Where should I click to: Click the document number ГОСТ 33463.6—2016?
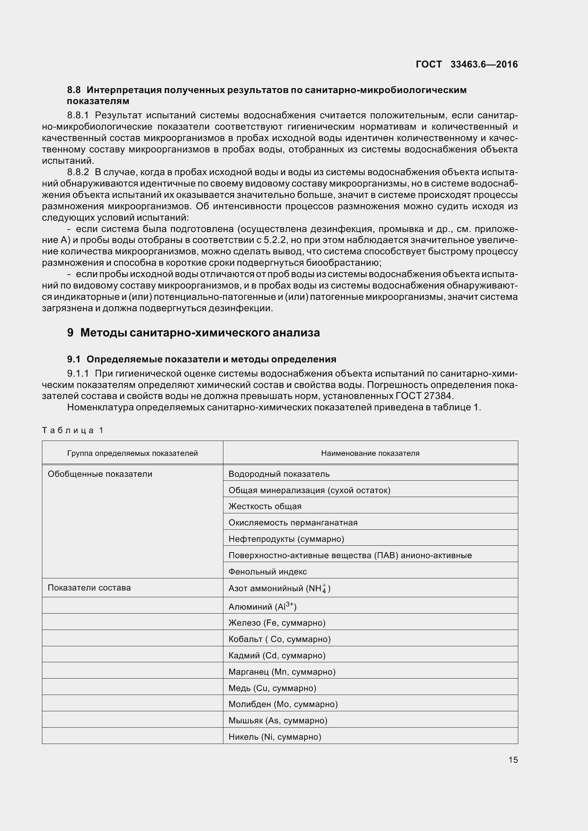467,64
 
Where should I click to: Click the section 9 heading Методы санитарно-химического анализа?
194,332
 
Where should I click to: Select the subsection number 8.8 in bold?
74,90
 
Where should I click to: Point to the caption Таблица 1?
73,430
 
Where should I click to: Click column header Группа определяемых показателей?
133,453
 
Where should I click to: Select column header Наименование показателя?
370,453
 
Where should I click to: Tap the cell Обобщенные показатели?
100,474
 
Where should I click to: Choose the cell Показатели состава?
89,587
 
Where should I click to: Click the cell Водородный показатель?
279,474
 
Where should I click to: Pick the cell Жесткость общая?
265,506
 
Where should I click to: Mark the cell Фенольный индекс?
268,572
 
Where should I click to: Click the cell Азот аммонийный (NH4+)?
279,588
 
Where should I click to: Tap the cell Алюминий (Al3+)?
262,606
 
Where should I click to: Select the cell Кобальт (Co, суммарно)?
279,639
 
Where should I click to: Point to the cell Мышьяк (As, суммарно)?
278,720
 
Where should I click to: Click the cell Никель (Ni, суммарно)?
275,736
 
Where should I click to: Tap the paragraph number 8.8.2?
78,172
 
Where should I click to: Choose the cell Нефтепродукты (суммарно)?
286,539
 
